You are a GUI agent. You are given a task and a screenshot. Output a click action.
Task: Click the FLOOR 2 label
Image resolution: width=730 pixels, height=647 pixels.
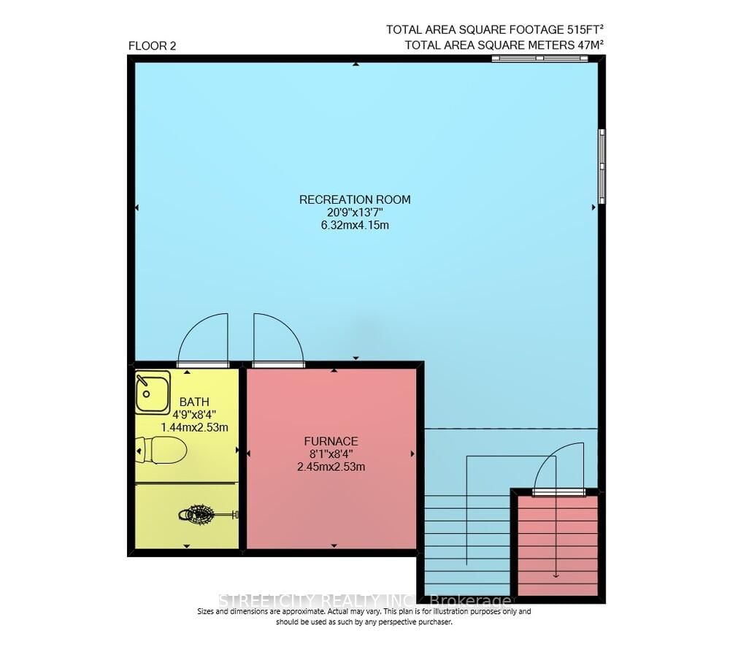[152, 45]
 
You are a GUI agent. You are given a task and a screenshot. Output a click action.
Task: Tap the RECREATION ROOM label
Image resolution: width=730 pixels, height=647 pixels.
[355, 199]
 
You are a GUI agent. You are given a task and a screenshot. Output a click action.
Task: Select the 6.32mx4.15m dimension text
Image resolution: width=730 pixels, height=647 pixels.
[355, 225]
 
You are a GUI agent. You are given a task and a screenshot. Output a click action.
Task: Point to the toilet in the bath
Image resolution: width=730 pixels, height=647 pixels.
[161, 451]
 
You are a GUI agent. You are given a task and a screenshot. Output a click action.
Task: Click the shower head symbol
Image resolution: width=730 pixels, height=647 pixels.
[198, 515]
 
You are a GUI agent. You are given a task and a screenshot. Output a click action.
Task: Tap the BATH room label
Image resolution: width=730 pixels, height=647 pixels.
[194, 402]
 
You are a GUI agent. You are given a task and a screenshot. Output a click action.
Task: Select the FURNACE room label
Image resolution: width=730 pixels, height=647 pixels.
[331, 441]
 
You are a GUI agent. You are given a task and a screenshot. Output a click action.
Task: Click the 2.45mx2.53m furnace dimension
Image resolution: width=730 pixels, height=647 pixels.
[331, 467]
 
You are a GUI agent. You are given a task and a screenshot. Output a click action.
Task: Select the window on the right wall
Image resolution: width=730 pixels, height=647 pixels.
[602, 166]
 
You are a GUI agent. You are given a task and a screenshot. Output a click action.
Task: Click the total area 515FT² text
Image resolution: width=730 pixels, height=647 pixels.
[496, 30]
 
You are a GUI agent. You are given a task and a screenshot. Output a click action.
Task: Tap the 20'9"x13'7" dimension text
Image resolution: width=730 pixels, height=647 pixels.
[355, 213]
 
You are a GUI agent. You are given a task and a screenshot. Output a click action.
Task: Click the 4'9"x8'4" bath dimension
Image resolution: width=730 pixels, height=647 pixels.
[194, 414]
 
